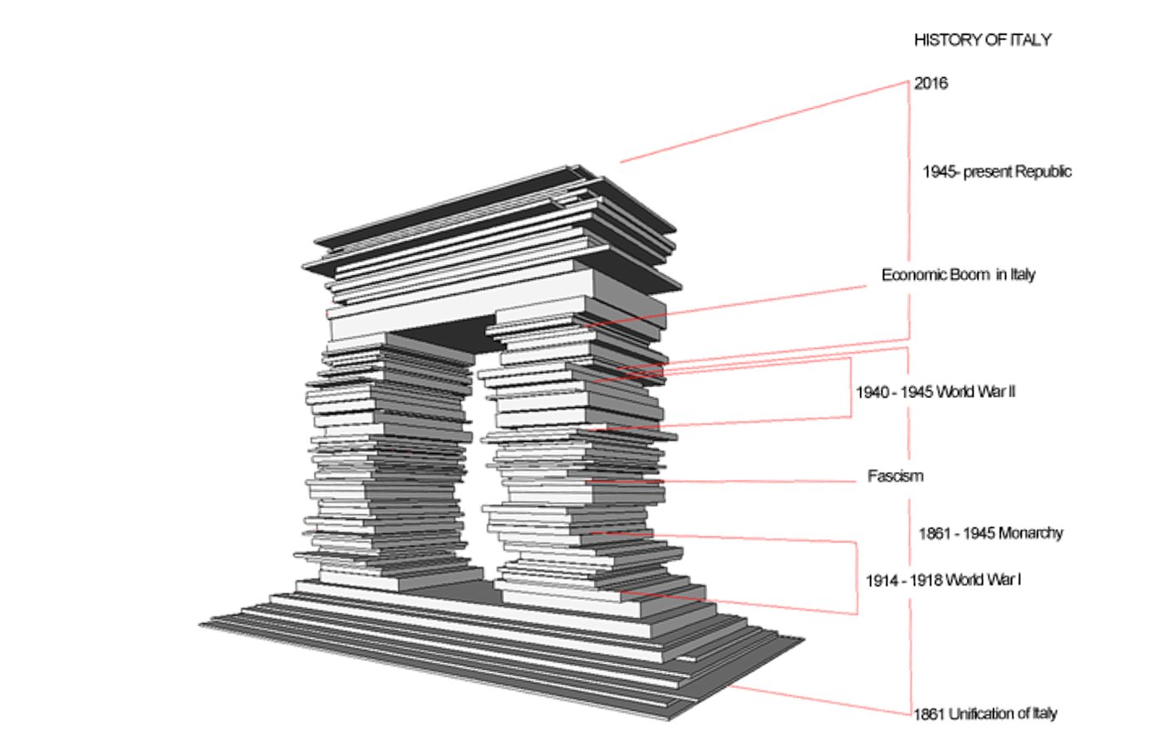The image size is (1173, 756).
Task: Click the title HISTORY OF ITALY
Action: point(982,40)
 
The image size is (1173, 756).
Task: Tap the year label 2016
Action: point(930,83)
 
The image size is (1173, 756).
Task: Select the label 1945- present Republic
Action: point(996,172)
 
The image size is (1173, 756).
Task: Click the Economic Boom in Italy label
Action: point(958,275)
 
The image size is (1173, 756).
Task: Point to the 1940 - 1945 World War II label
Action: point(935,392)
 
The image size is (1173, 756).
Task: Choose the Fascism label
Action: point(895,476)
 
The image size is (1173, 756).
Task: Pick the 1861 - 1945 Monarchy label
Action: point(990,533)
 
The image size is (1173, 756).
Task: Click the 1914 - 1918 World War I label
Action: point(943,581)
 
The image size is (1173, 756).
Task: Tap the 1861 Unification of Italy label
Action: point(985,714)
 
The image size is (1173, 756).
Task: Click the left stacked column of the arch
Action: point(386,465)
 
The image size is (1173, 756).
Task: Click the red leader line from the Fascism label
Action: point(748,481)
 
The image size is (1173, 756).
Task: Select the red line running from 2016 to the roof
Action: point(764,121)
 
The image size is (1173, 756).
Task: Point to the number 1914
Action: point(881,581)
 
